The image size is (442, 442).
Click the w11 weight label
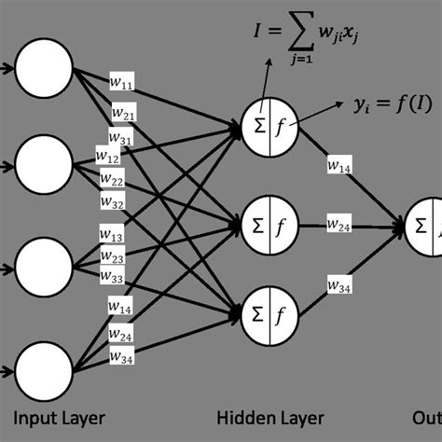pos(123,86)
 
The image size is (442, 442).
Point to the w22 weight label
pos(113,178)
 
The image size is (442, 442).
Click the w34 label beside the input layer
pos(118,355)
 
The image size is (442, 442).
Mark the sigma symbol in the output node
pos(421,224)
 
